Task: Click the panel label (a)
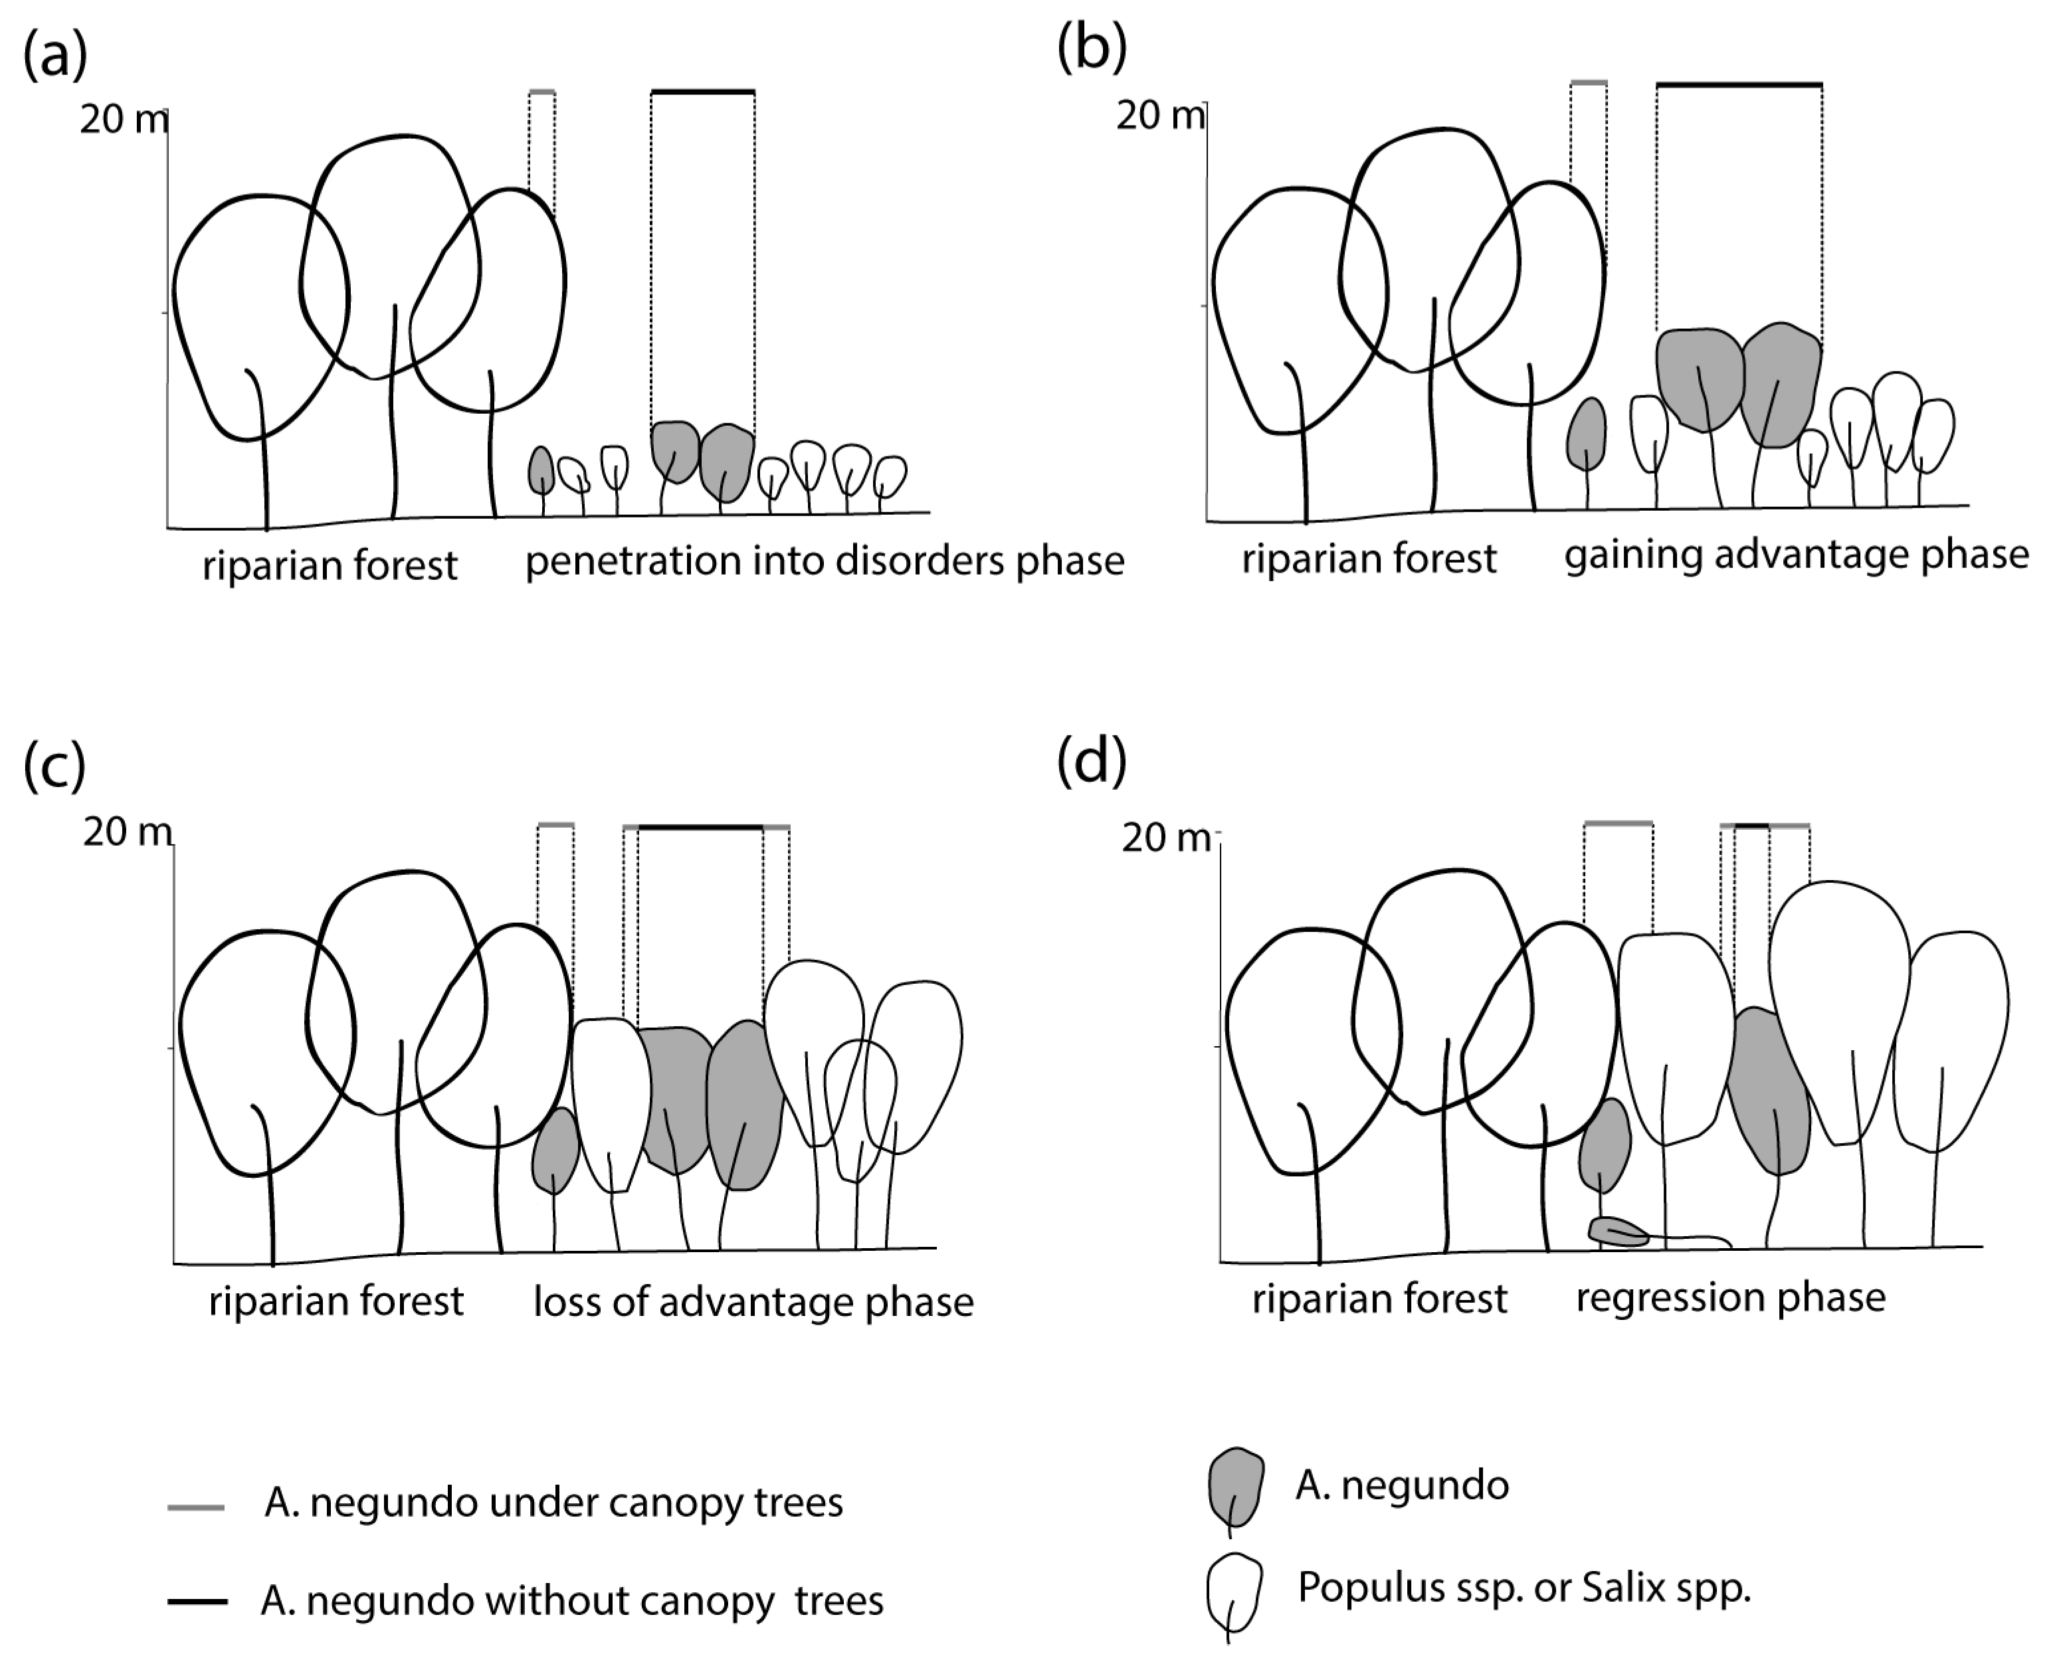55,56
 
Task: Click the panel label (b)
1091,48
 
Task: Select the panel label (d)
1091,762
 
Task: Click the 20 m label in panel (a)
123,120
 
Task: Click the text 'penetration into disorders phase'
825,561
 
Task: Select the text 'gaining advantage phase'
1796,555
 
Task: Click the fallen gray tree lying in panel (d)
1619,1232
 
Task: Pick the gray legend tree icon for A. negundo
1236,1486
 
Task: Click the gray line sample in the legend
196,1507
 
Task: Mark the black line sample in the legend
197,1602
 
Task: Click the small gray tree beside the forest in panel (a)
541,470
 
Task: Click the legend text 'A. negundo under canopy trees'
553,1503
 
